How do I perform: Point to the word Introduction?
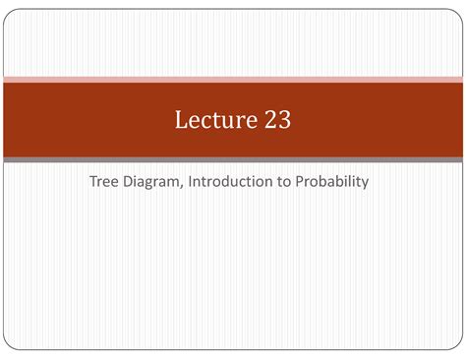(x=231, y=181)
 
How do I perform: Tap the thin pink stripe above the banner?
(x=233, y=79)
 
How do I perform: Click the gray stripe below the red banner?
(x=233, y=159)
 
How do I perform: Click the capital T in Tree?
(x=92, y=181)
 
